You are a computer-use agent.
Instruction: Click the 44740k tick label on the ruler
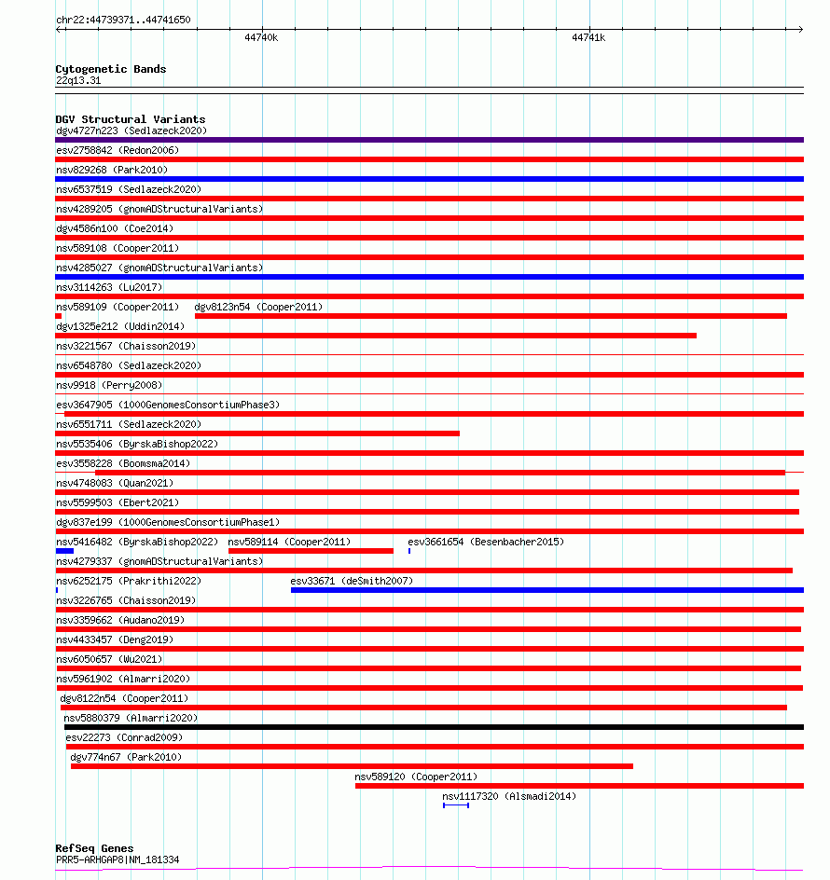pyautogui.click(x=262, y=38)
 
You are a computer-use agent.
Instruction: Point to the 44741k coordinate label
pyautogui.click(x=588, y=38)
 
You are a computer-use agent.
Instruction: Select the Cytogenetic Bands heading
pyautogui.click(x=110, y=69)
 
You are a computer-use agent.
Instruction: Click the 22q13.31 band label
pyautogui.click(x=78, y=80)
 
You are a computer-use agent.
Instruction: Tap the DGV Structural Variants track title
pyautogui.click(x=130, y=119)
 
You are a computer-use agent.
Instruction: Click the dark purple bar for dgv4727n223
pyautogui.click(x=429, y=140)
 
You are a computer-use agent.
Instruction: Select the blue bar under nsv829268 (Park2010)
pyautogui.click(x=429, y=179)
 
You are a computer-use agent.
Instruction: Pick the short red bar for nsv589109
pyautogui.click(x=59, y=316)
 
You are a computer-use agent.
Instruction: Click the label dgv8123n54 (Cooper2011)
pyautogui.click(x=258, y=307)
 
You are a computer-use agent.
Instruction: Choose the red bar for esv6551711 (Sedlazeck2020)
pyautogui.click(x=257, y=433)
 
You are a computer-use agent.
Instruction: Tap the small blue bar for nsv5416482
pyautogui.click(x=64, y=551)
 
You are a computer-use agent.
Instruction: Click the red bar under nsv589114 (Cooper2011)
pyautogui.click(x=311, y=551)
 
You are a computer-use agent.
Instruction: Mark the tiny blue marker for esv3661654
pyautogui.click(x=409, y=551)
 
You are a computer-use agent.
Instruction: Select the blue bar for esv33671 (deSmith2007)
pyautogui.click(x=546, y=590)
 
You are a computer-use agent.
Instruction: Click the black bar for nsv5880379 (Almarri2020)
pyautogui.click(x=434, y=727)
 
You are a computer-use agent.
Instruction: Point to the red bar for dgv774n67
pyautogui.click(x=352, y=766)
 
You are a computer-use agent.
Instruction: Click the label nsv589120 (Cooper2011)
pyautogui.click(x=415, y=777)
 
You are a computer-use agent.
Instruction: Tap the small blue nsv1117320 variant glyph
pyautogui.click(x=456, y=805)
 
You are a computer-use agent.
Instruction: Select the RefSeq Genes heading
pyautogui.click(x=94, y=848)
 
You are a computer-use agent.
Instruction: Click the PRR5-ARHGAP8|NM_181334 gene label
pyautogui.click(x=118, y=859)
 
